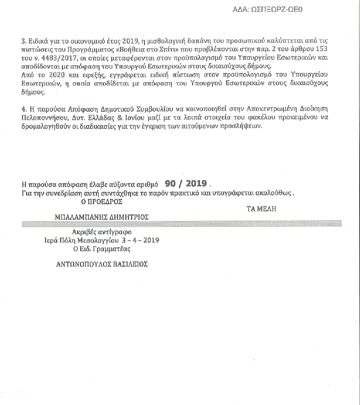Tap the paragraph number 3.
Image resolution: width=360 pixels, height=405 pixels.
23,41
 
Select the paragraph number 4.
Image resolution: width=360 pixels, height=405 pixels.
23,109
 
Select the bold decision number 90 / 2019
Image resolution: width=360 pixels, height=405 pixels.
186,184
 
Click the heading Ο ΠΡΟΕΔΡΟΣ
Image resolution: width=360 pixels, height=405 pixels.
102,202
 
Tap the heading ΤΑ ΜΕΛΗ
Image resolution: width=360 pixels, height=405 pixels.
261,209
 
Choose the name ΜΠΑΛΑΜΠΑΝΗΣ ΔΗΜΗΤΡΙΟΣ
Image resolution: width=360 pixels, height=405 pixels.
102,217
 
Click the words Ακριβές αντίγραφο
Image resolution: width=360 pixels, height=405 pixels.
102,232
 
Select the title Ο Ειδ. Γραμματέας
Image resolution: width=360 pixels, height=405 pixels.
102,249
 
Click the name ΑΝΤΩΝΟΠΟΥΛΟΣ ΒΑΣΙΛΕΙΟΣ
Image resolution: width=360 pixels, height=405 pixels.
102,264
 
